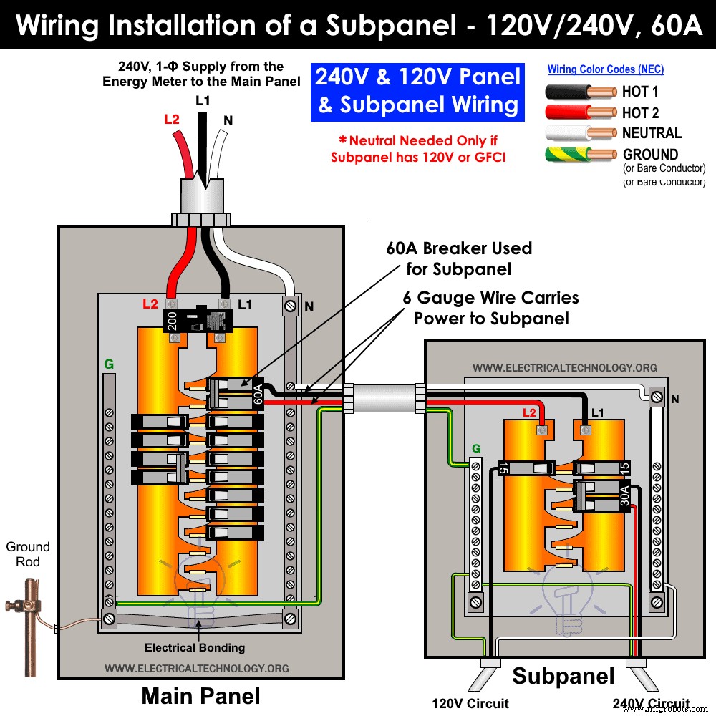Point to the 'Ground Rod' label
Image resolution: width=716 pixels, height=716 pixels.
28,554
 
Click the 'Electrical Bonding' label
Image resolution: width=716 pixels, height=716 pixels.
195,647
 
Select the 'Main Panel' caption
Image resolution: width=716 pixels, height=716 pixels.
200,695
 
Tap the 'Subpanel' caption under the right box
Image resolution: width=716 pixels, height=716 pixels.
563,676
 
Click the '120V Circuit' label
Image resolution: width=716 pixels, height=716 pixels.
470,703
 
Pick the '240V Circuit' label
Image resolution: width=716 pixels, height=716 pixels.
651,703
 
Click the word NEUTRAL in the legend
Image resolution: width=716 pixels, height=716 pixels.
652,133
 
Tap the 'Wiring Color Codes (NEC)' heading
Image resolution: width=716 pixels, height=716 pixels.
606,69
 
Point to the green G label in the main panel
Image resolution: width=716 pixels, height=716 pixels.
109,364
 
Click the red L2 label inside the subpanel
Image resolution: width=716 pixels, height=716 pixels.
529,413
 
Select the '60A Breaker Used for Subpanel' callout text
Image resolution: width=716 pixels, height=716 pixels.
458,258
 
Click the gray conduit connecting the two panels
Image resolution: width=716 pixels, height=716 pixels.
382,398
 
